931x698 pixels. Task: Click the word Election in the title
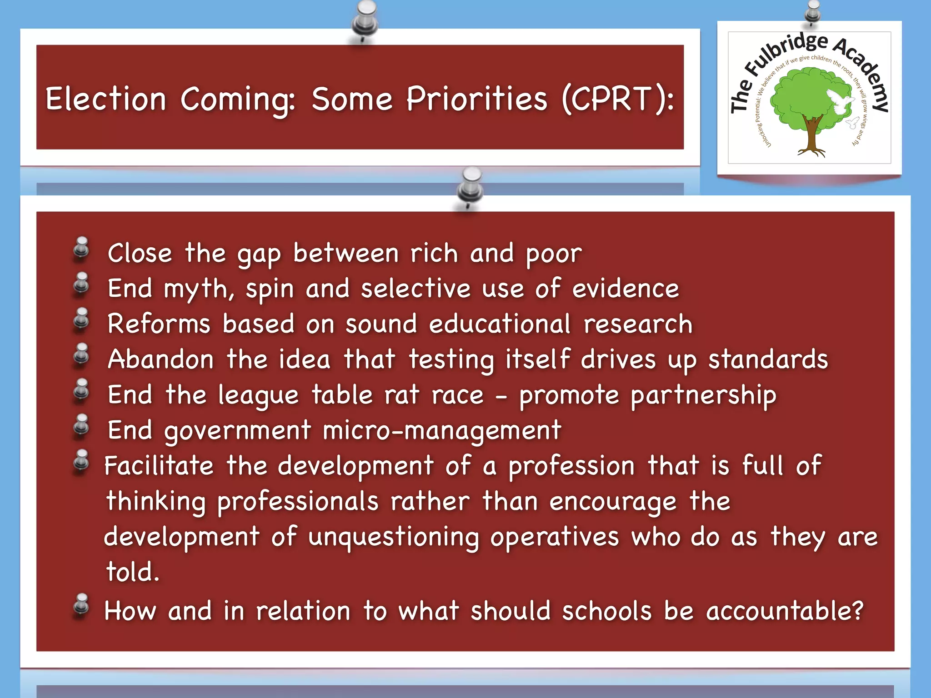(106, 99)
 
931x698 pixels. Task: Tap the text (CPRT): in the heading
(618, 99)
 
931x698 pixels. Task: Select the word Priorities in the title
(477, 99)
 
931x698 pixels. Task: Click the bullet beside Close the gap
(82, 249)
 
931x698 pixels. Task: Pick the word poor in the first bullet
(554, 254)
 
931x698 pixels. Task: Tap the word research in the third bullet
(638, 324)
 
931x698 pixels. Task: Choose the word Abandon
(160, 359)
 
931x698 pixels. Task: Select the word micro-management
(442, 430)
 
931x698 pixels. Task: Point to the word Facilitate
(159, 466)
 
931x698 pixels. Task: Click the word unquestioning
(394, 537)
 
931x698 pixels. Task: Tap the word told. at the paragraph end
(133, 572)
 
